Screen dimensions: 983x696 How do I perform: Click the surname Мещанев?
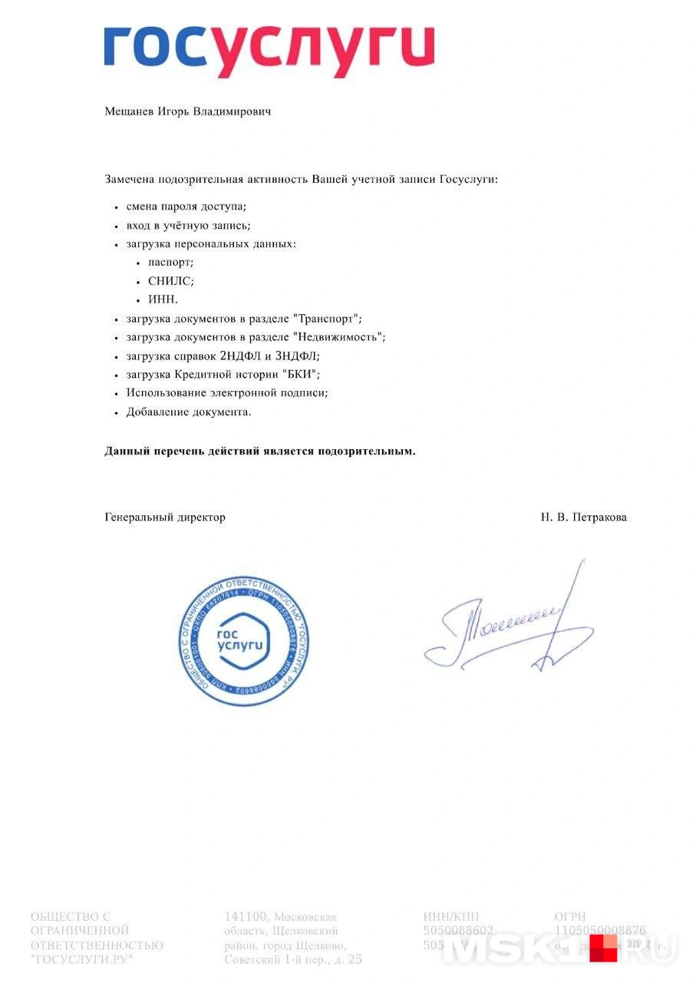(130, 112)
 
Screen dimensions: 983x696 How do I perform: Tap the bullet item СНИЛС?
(170, 281)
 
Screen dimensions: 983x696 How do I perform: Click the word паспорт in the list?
(170, 263)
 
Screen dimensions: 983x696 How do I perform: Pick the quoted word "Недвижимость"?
(338, 336)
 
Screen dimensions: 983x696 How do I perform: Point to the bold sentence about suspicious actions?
(260, 452)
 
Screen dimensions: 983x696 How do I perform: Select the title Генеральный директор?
(165, 518)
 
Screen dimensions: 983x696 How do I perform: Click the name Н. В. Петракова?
(583, 518)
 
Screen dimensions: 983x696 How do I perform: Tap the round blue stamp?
(242, 640)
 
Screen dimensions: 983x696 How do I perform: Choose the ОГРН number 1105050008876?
(600, 931)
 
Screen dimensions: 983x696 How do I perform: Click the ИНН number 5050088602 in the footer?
(458, 931)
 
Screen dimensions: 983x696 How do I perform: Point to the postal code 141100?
(246, 916)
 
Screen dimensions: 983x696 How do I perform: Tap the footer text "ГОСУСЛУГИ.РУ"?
(81, 960)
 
